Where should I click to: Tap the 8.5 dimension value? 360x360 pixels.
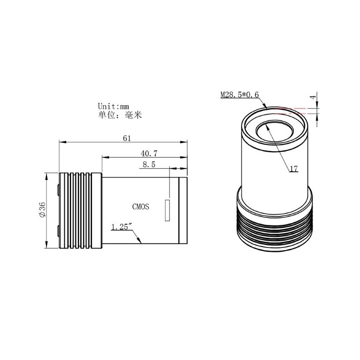click(x=149, y=165)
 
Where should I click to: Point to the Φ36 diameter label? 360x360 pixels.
click(x=42, y=211)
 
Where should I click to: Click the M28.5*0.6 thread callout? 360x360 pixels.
click(x=239, y=95)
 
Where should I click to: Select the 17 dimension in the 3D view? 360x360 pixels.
click(x=294, y=169)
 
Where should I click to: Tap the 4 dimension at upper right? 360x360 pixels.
click(x=312, y=97)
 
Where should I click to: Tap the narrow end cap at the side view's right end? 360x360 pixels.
click(x=183, y=211)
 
